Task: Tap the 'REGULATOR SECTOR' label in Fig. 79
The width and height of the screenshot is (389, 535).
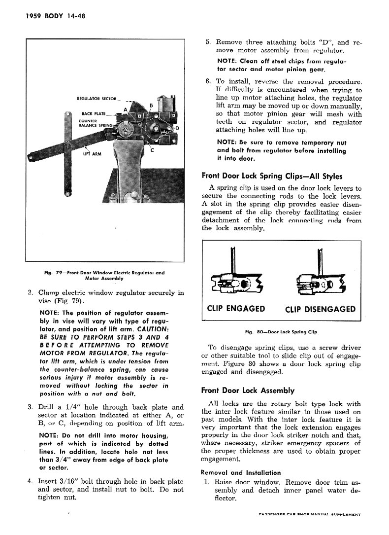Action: coord(96,99)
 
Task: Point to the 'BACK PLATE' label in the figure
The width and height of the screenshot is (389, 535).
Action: coord(93,113)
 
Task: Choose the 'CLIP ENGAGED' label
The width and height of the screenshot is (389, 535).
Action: coord(236,309)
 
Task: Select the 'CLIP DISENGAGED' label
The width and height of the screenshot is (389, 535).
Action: coord(320,309)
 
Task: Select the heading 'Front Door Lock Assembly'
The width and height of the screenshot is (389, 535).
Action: coord(248,390)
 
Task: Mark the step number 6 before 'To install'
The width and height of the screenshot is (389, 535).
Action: coord(208,81)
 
